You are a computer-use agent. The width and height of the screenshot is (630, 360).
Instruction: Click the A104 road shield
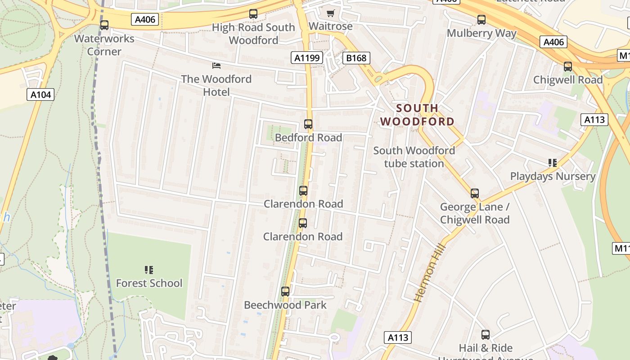click(40, 94)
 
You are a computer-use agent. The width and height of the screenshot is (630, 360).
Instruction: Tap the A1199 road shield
click(307, 58)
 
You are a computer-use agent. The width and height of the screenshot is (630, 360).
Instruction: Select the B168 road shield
click(356, 58)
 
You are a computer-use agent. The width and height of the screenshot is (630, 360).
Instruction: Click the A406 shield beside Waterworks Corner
click(145, 19)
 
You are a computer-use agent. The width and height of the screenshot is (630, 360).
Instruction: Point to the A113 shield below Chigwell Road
click(595, 120)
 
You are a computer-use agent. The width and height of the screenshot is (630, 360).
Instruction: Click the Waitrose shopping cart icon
click(331, 13)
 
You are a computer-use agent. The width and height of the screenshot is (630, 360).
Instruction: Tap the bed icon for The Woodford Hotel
click(216, 66)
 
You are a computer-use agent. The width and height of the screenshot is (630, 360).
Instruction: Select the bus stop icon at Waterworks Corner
click(104, 25)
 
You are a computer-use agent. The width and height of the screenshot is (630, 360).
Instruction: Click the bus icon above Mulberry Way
click(481, 20)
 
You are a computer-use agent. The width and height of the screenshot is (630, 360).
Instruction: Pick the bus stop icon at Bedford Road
click(308, 124)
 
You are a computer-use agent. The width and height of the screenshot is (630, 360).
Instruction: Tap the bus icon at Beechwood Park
click(285, 292)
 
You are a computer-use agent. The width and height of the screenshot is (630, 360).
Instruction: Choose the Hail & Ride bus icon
click(486, 335)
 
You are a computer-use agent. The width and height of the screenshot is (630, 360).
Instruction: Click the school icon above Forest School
click(149, 270)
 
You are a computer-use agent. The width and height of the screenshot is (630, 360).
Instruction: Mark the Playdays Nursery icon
click(553, 163)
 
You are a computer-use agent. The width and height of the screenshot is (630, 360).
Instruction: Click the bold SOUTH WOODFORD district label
click(417, 115)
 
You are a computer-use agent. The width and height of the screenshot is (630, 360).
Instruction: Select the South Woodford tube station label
click(414, 157)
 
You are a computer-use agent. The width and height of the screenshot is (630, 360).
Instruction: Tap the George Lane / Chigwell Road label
click(475, 213)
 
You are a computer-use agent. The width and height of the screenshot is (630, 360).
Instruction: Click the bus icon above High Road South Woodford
click(253, 14)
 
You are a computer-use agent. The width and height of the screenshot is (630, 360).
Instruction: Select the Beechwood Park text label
click(285, 305)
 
